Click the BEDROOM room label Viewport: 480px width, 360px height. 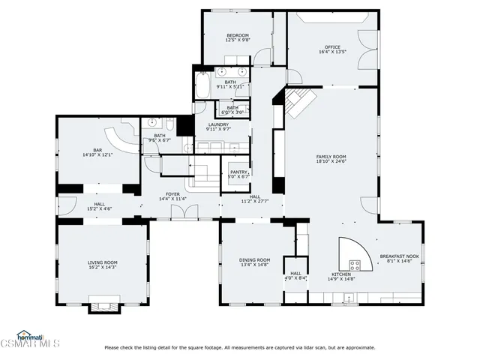(x=238, y=35)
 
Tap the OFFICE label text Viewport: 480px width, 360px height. (x=332, y=47)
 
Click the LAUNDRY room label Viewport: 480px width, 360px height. (x=218, y=124)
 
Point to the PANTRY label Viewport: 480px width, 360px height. (x=238, y=172)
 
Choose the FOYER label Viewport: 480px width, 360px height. (x=172, y=194)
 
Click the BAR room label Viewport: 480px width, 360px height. (x=97, y=150)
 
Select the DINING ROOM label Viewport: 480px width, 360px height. (x=255, y=259)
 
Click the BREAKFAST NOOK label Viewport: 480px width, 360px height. (x=399, y=256)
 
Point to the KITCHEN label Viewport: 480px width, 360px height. (x=341, y=274)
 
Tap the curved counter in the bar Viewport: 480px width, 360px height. (x=120, y=139)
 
